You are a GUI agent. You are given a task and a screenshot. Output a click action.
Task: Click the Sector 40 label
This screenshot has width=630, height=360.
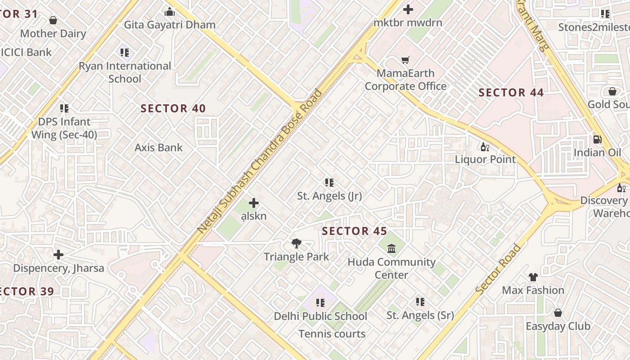click(x=173, y=108)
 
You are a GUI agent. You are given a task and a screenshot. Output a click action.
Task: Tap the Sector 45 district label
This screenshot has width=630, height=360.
click(x=355, y=231)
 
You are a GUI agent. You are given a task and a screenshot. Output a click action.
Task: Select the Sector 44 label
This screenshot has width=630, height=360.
click(x=511, y=93)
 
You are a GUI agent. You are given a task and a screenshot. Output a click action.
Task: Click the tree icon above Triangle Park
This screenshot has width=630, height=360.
click(x=296, y=243)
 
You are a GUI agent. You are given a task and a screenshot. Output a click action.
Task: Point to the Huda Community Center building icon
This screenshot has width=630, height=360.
click(x=391, y=248)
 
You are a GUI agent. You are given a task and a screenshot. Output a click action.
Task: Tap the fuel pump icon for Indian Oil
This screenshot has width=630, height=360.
click(x=597, y=139)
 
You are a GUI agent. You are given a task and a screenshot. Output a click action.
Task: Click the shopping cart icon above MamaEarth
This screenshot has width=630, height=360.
click(x=405, y=60)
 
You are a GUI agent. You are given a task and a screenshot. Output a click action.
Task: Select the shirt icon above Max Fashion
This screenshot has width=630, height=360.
click(x=533, y=277)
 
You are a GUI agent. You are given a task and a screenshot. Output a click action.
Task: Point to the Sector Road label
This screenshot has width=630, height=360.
click(x=498, y=270)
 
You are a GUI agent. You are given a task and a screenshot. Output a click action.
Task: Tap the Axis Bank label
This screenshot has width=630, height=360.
click(x=159, y=148)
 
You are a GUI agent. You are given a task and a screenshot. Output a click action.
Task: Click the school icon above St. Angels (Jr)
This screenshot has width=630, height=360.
click(x=329, y=183)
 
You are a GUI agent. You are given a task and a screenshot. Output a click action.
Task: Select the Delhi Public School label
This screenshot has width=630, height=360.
click(x=320, y=316)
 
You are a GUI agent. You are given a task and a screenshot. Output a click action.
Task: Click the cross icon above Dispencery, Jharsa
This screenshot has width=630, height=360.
click(x=58, y=255)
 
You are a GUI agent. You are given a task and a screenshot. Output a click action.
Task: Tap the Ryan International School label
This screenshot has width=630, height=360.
click(x=125, y=72)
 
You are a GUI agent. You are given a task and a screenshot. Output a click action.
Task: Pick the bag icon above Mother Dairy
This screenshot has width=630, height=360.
click(x=53, y=20)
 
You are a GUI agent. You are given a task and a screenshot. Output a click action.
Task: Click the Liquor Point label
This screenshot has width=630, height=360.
click(x=485, y=159)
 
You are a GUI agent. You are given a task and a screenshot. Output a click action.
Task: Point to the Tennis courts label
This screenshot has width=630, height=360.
click(x=332, y=334)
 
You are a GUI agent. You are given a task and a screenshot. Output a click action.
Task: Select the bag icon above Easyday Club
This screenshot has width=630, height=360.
click(x=558, y=313)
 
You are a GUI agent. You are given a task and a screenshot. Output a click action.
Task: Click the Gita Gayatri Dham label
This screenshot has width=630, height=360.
click(x=170, y=25)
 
